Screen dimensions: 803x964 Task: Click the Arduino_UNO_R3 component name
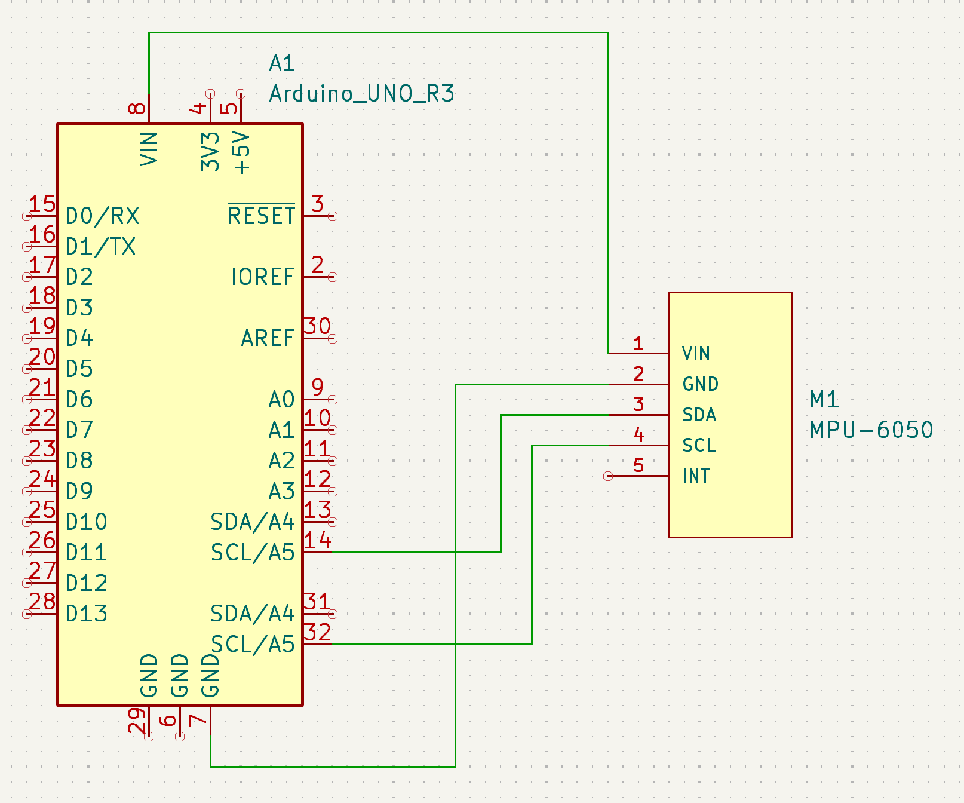361,94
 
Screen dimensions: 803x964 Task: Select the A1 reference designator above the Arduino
282,63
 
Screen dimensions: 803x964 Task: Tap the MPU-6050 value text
871,430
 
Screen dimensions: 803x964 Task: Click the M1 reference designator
824,399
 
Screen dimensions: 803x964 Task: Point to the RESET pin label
262,216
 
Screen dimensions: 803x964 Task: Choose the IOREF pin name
263,277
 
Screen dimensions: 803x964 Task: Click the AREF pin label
268,338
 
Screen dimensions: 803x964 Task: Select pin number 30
317,326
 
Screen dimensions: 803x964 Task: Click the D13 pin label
87,614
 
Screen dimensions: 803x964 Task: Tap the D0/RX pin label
102,216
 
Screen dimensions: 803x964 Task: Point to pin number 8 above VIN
137,108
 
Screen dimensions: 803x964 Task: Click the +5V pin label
242,152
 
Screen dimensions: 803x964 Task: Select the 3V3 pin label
210,152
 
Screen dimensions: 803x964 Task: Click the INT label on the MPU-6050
696,476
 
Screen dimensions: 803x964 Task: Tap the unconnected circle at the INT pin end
608,476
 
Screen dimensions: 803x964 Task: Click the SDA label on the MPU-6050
699,415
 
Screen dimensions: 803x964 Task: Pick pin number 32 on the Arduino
317,632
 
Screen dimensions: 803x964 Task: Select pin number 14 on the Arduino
317,540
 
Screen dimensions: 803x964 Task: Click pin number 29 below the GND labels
137,720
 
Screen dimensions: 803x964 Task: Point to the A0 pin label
281,399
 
